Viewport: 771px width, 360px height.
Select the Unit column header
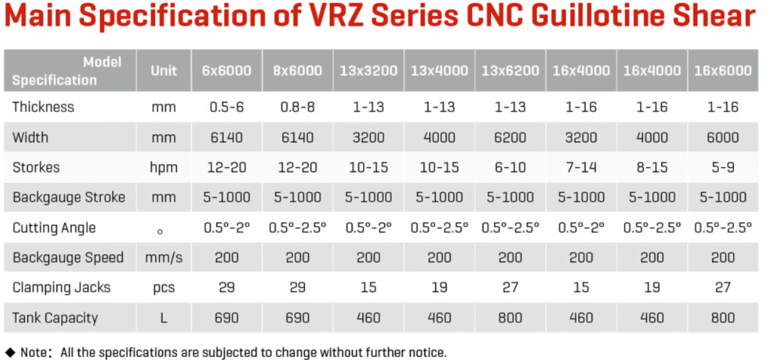click(163, 71)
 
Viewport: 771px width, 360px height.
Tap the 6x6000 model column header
click(226, 71)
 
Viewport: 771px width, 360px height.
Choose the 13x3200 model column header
click(368, 71)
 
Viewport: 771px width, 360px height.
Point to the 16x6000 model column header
click(723, 71)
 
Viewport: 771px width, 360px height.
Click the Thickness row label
click(43, 107)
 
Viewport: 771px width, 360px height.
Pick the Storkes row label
click(36, 167)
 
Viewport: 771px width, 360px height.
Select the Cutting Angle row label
click(54, 227)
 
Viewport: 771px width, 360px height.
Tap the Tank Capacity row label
click(55, 318)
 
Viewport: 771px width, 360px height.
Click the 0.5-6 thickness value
click(226, 107)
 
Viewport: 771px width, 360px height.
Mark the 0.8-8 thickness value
click(297, 107)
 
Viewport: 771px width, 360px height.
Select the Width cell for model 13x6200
click(510, 137)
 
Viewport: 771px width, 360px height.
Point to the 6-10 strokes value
click(510, 167)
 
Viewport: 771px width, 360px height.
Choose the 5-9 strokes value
click(723, 167)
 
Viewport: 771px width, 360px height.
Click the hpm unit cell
click(163, 167)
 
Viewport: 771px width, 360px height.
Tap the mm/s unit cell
click(163, 258)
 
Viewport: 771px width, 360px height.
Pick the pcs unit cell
click(163, 288)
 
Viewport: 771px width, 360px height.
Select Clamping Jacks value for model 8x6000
click(297, 288)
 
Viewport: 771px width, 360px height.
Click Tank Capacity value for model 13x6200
click(510, 318)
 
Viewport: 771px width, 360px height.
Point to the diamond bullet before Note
click(10, 352)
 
